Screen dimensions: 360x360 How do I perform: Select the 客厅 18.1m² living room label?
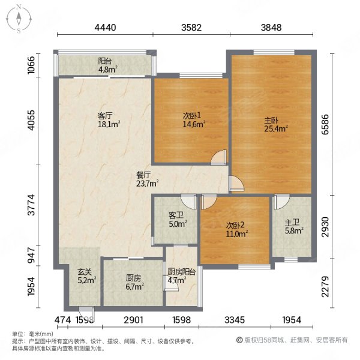[109, 121]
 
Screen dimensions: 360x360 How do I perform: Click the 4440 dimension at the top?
[105, 27]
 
